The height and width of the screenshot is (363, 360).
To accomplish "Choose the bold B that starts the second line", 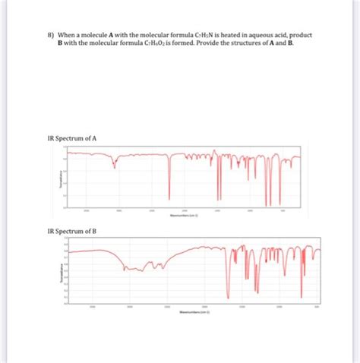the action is (x=61, y=44).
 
